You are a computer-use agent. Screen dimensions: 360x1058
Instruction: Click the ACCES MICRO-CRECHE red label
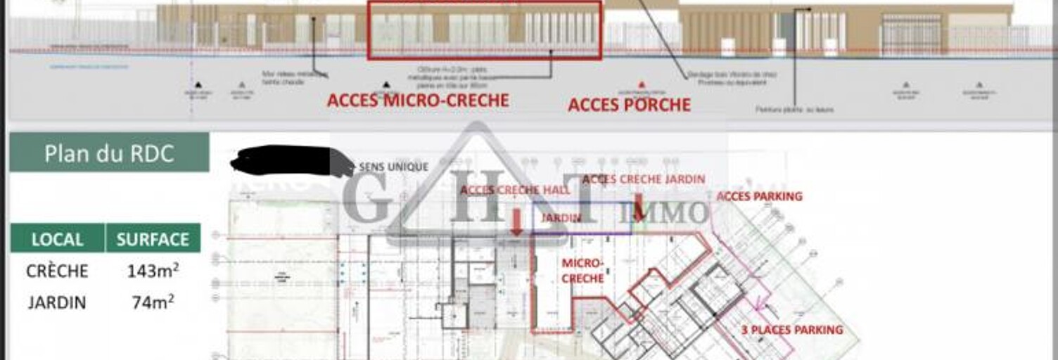[418, 101]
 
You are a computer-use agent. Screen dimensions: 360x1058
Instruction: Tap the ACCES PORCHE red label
[629, 105]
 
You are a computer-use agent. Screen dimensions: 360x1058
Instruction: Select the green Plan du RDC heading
[109, 153]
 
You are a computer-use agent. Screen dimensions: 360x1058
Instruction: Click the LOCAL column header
[57, 239]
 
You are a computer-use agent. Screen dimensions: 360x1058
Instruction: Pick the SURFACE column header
[153, 239]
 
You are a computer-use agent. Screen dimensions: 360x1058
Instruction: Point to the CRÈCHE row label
[57, 271]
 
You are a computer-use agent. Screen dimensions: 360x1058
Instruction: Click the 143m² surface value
[153, 271]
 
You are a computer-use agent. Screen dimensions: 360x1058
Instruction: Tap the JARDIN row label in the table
[57, 302]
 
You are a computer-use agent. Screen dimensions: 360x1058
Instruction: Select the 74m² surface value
[153, 302]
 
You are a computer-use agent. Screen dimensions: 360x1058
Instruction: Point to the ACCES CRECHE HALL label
[510, 191]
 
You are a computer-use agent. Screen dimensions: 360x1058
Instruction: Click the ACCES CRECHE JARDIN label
[643, 180]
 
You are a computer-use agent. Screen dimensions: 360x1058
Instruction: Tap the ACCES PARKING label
[759, 196]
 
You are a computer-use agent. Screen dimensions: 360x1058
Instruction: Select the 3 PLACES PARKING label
[791, 330]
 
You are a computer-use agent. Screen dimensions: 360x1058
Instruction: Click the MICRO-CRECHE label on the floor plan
[582, 271]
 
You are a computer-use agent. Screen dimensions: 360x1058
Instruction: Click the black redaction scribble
[288, 160]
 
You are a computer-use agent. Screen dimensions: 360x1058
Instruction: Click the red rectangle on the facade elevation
[485, 30]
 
